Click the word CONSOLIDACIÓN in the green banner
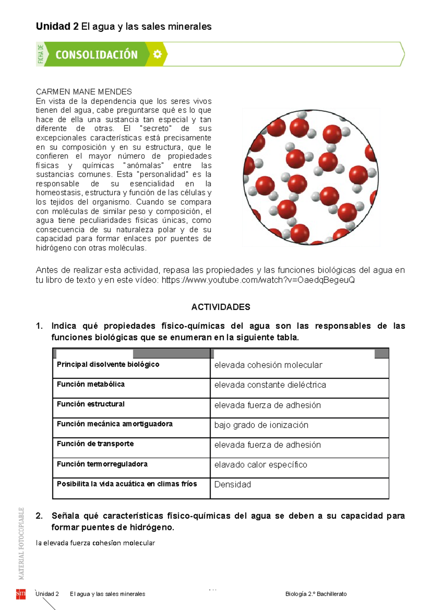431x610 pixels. tap(96, 55)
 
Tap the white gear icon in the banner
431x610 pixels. tap(157, 54)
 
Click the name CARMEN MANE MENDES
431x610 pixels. tap(84, 92)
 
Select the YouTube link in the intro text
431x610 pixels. tap(258, 280)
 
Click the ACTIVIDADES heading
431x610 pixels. tap(221, 307)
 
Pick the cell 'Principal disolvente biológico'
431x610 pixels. tap(108, 364)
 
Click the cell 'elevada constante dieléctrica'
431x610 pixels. tap(270, 385)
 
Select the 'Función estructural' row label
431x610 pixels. tap(91, 404)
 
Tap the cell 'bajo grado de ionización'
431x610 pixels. tap(261, 425)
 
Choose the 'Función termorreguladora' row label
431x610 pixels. tap(102, 464)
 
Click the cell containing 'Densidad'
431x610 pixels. tap(232, 485)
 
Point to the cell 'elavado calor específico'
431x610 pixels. tap(260, 465)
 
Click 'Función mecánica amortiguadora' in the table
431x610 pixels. tap(115, 424)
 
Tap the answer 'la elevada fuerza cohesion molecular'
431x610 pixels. tap(95, 543)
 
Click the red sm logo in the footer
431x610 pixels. tap(20, 594)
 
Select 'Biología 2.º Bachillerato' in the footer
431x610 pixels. tap(316, 594)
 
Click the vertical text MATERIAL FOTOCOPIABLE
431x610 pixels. tap(22, 543)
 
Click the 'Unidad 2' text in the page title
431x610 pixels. tap(57, 27)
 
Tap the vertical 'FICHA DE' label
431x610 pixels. tap(41, 54)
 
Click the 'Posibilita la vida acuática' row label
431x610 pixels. tap(126, 484)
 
